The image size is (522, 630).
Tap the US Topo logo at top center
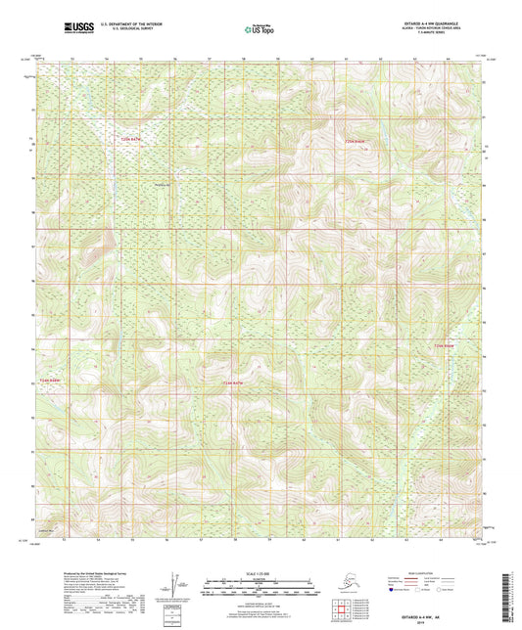[x=260, y=29]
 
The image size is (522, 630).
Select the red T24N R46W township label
[x=445, y=345]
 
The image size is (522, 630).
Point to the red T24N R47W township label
[x=231, y=382]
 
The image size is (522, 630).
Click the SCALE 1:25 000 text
[x=261, y=573]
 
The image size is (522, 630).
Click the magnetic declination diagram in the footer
[x=173, y=588]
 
